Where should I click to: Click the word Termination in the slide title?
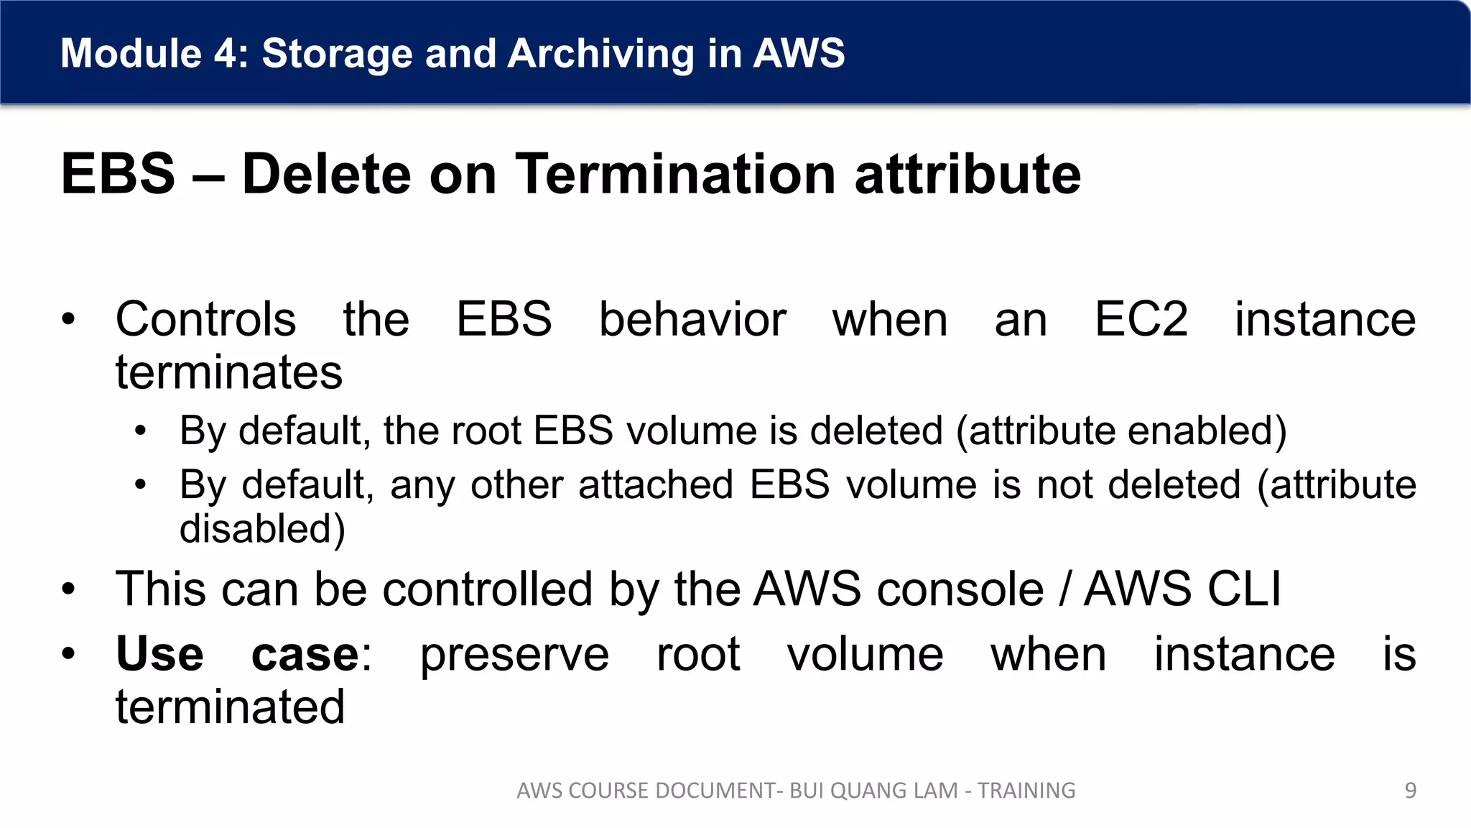point(676,174)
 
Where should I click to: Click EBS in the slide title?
point(118,174)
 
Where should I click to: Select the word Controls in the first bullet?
point(205,319)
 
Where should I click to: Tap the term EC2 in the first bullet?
point(1141,319)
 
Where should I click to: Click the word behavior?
point(692,319)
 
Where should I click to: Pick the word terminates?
point(229,372)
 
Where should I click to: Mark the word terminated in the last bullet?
point(230,707)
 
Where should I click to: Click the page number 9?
point(1410,791)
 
